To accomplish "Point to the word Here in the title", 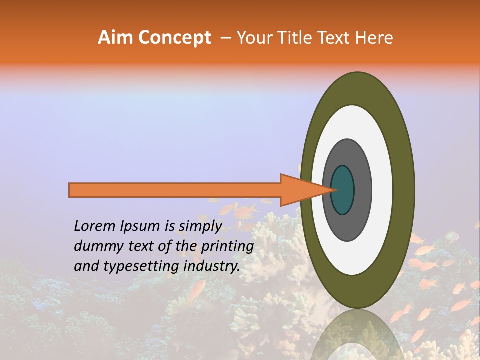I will coord(374,38).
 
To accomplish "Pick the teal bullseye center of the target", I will coord(343,190).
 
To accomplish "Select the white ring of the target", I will coord(382,190).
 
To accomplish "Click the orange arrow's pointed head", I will coord(300,190).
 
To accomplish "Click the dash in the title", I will coord(225,38).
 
